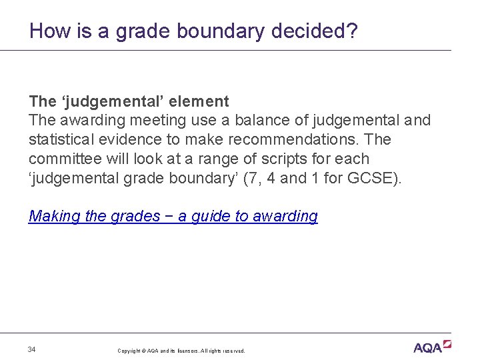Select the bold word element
pyautogui.click(x=199, y=101)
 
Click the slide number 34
pyautogui.click(x=32, y=349)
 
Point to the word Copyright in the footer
pyautogui.click(x=131, y=351)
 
